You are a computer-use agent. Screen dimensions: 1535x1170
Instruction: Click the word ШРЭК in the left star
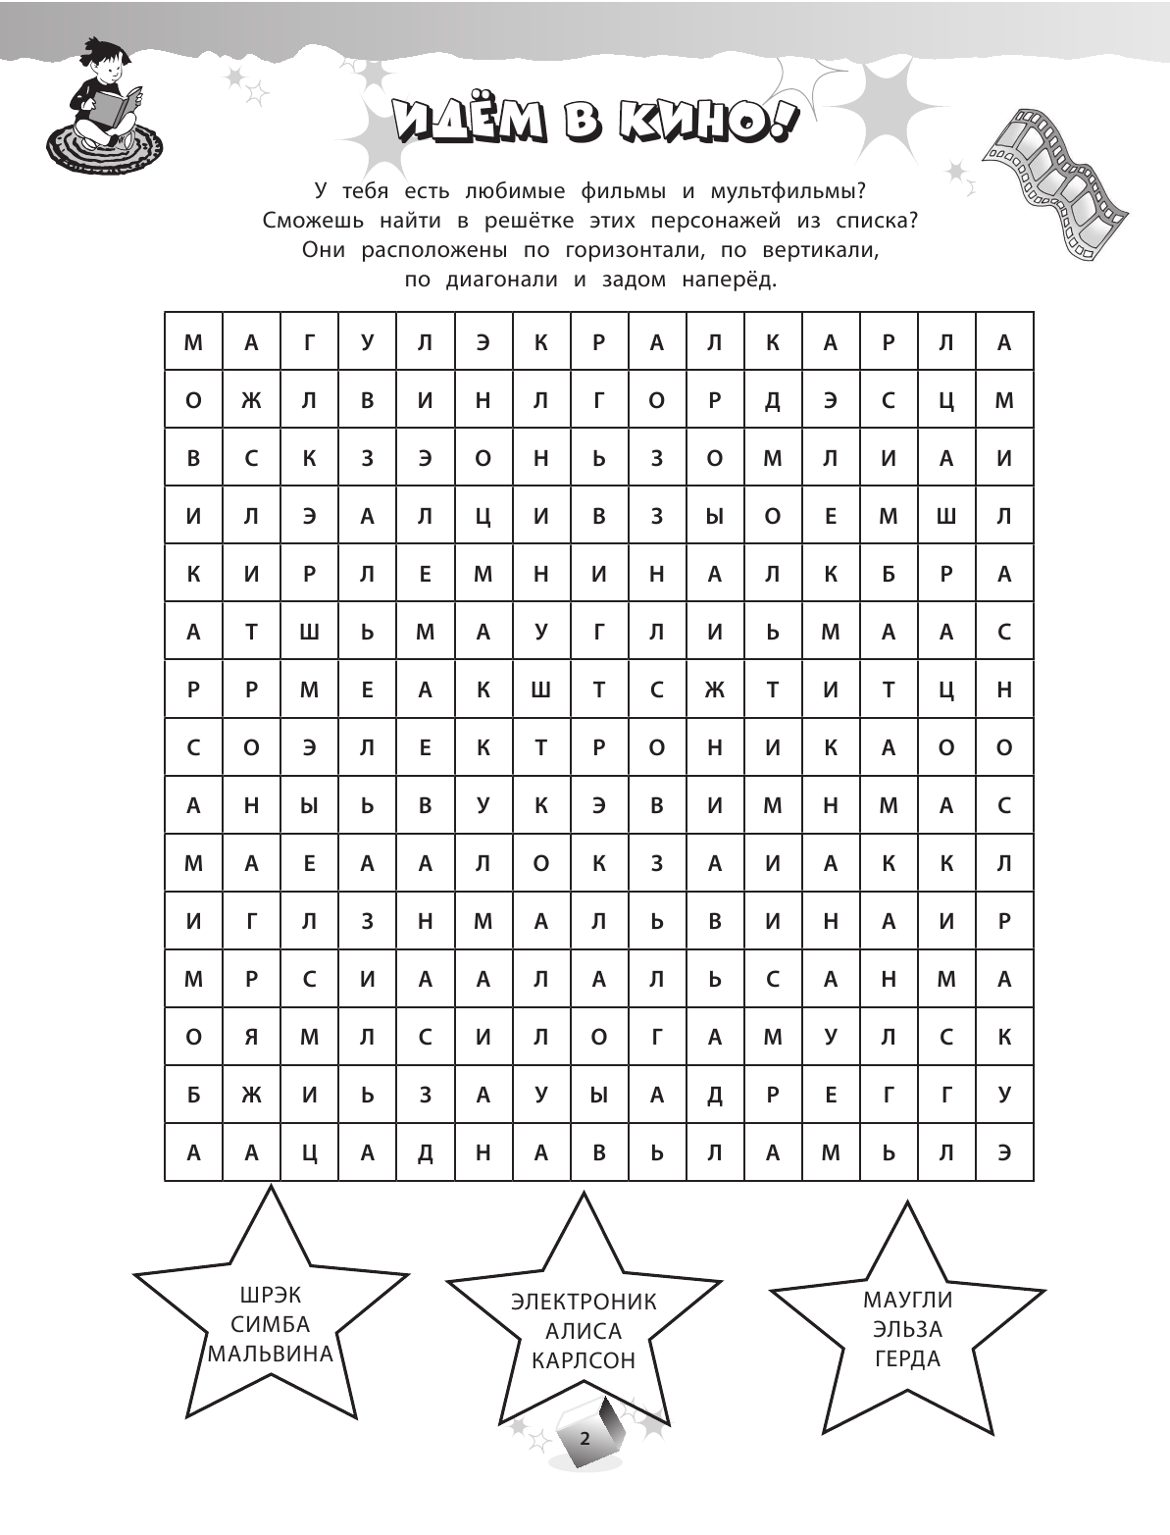coord(270,1296)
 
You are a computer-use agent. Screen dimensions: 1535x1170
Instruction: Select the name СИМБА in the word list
coord(270,1325)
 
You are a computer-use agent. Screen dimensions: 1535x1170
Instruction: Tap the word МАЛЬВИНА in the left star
coord(270,1355)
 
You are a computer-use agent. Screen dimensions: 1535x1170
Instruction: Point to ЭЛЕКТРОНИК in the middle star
coord(584,1302)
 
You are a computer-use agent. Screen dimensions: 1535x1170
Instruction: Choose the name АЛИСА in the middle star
coord(584,1331)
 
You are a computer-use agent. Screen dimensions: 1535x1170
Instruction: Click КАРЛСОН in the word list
coord(584,1360)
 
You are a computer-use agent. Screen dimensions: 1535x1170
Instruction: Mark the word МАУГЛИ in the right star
coord(907,1300)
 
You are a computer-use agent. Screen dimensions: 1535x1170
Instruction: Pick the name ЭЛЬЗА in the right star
coord(907,1329)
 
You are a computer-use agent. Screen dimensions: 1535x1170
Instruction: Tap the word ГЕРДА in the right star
coord(907,1358)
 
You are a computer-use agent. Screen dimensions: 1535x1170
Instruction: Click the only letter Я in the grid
coord(251,1037)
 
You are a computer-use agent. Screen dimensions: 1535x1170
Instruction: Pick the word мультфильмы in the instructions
coord(796,189)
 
